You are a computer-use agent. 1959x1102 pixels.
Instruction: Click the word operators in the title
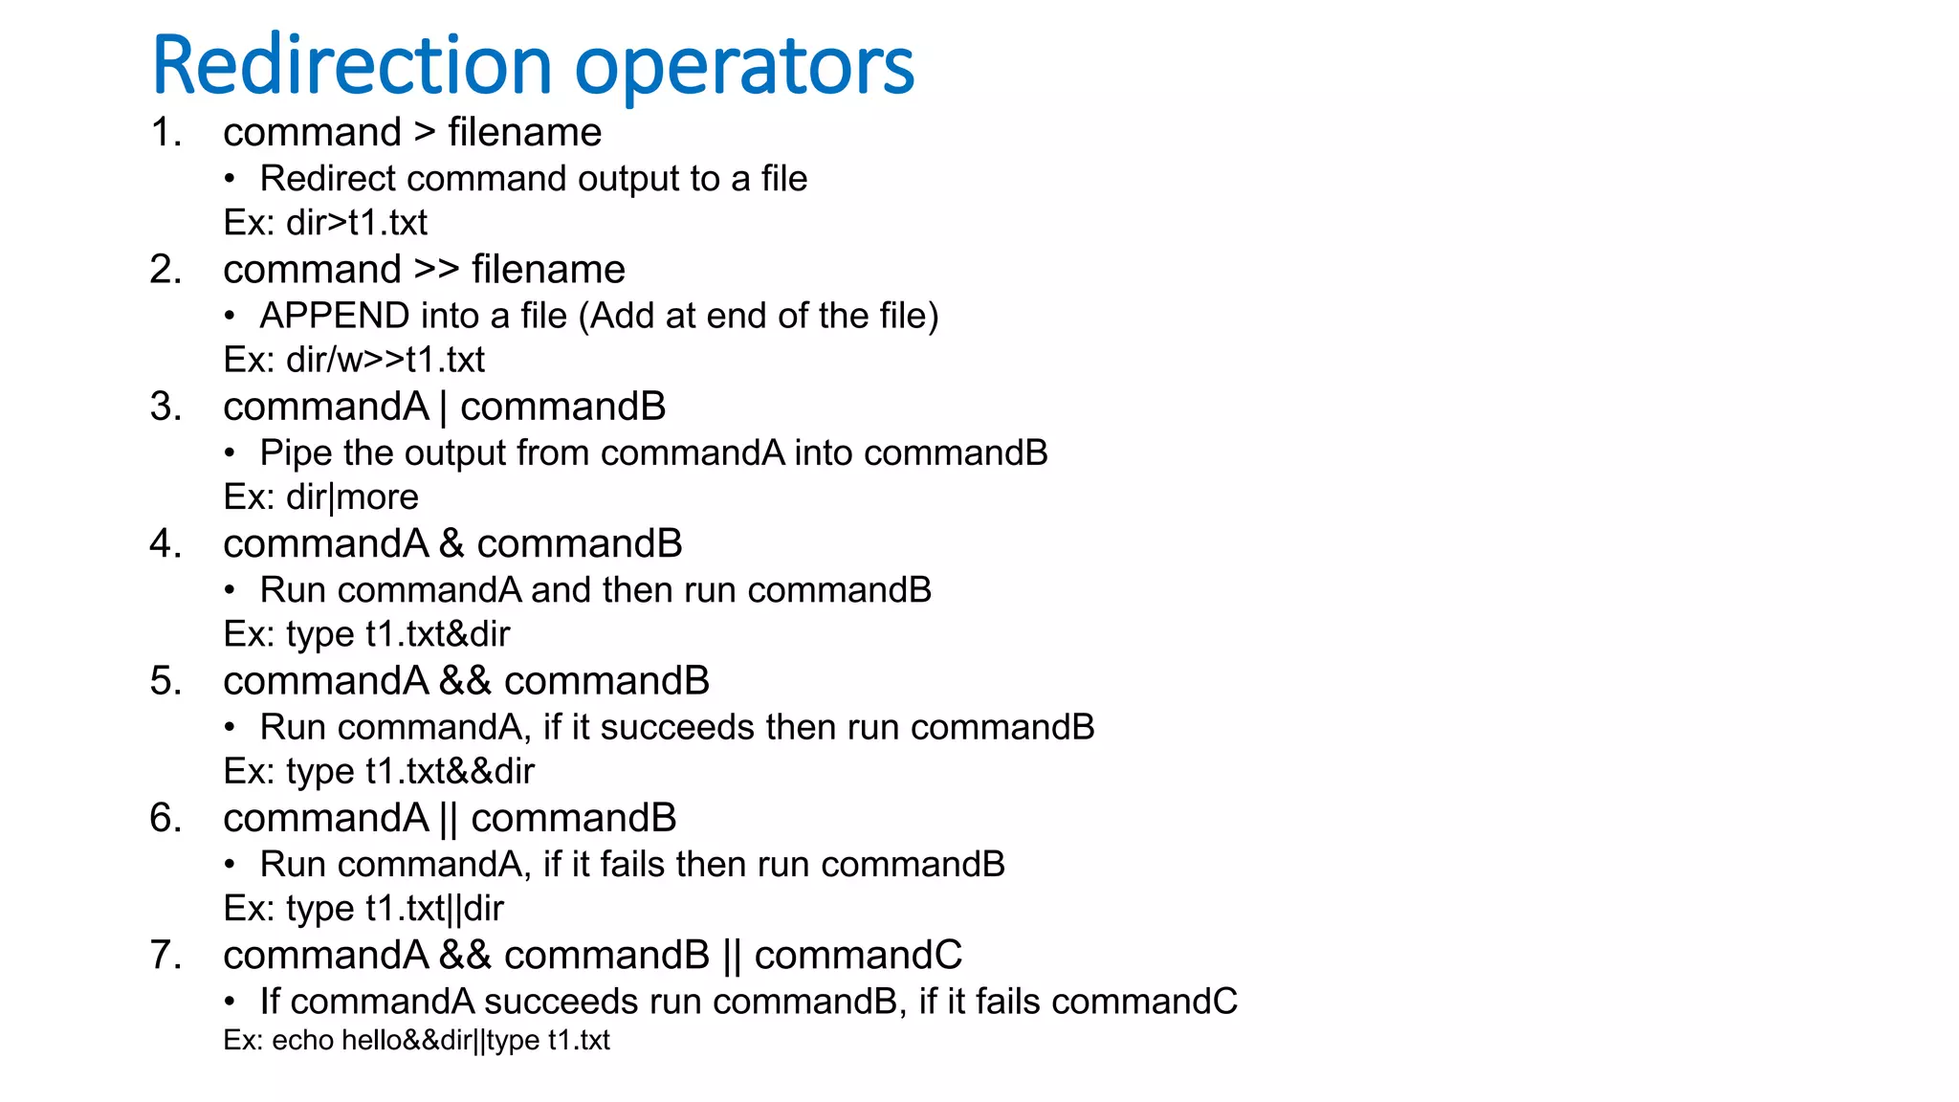tap(743, 69)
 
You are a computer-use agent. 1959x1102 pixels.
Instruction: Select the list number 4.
tap(165, 543)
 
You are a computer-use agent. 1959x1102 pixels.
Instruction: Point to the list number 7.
tap(165, 955)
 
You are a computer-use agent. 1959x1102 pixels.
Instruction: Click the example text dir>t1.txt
tap(357, 223)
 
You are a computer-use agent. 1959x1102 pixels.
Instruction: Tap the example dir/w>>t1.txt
tap(385, 360)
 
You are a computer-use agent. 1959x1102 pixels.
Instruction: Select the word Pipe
tap(297, 453)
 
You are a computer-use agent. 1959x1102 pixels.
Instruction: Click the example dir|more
tap(352, 497)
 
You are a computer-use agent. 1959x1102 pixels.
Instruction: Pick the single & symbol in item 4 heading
tap(451, 544)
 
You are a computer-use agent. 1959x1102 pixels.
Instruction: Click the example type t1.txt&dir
tap(398, 634)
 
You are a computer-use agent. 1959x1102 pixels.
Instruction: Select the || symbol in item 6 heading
tap(449, 819)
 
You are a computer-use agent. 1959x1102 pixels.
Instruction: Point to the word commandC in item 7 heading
tap(858, 955)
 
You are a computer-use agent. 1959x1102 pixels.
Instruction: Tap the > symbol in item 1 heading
tap(425, 133)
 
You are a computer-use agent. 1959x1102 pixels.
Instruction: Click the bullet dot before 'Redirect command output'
tap(230, 179)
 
